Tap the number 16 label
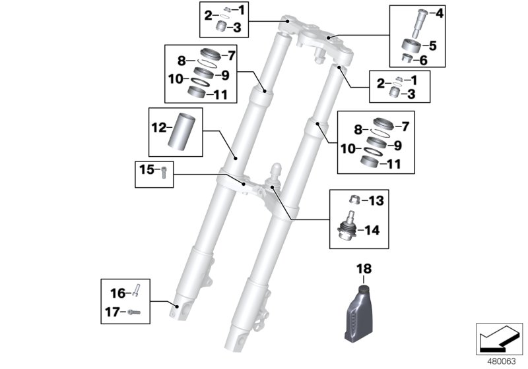117,293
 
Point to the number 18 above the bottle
365,269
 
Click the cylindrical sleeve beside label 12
182,131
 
